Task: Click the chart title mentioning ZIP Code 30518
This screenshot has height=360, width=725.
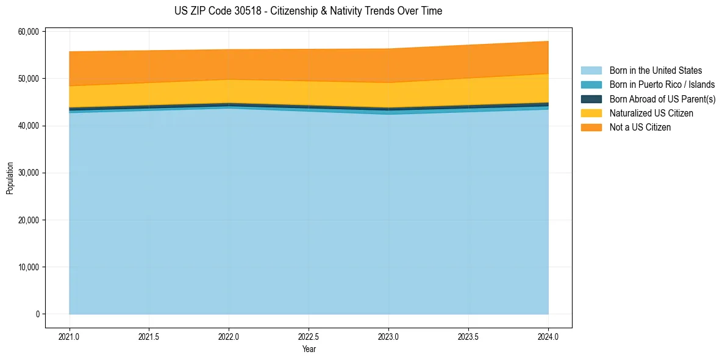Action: click(308, 11)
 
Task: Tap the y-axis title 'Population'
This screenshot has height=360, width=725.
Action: click(10, 178)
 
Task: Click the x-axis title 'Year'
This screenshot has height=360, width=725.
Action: click(309, 349)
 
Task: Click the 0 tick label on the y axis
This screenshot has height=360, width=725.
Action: click(37, 314)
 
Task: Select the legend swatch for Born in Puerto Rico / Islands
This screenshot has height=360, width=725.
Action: click(591, 85)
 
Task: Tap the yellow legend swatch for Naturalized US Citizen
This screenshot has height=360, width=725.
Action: click(591, 113)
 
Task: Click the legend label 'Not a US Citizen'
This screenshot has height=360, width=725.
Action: click(640, 128)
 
